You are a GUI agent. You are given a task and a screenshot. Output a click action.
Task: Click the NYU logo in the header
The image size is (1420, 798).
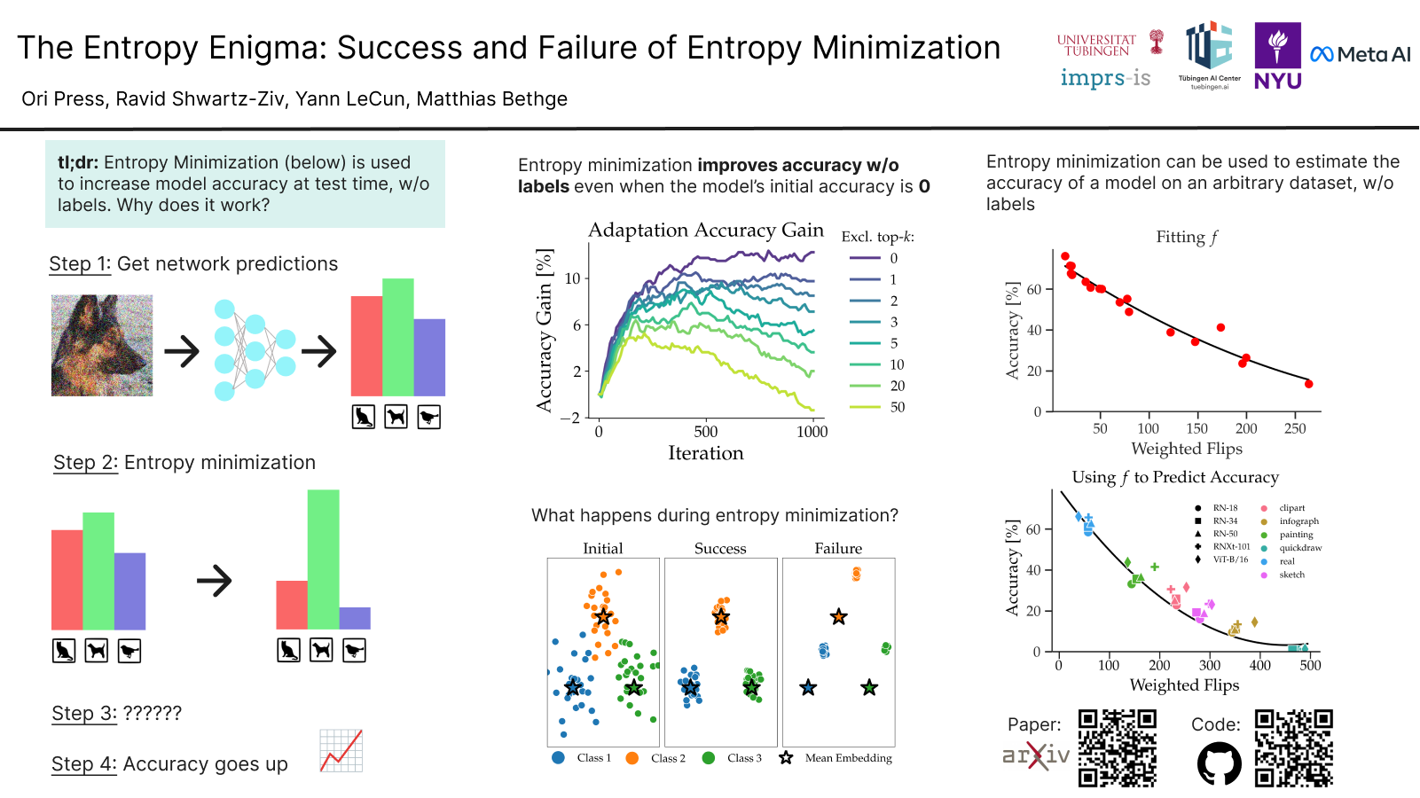click(x=1277, y=56)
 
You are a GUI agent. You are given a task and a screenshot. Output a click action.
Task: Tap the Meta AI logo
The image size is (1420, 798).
click(x=1360, y=55)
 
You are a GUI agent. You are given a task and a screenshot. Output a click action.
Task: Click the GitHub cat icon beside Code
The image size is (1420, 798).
click(x=1220, y=763)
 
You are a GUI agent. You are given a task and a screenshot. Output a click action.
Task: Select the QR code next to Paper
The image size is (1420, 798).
click(x=1118, y=747)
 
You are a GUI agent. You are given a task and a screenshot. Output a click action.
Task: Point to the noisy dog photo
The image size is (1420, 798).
click(x=102, y=345)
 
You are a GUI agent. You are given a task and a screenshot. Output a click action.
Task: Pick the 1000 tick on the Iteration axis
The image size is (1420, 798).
click(x=812, y=432)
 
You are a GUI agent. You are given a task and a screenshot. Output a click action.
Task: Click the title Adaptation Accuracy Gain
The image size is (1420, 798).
click(x=706, y=231)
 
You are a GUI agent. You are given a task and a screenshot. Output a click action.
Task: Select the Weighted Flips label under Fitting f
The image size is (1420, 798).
click(x=1186, y=449)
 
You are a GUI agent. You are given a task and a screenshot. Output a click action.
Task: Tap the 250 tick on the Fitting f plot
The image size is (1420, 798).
click(x=1294, y=428)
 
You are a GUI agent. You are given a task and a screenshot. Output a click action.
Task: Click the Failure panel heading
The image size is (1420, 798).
click(x=838, y=549)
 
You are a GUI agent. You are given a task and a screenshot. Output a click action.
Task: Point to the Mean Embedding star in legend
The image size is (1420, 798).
click(x=786, y=758)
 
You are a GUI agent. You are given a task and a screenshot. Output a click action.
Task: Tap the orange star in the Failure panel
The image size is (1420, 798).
click(x=838, y=616)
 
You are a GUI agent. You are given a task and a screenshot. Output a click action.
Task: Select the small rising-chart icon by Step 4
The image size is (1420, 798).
click(x=341, y=751)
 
